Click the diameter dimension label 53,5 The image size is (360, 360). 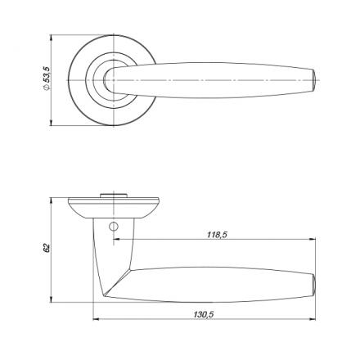[47, 74]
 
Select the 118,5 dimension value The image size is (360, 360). [217, 235]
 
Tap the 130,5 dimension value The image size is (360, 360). [204, 314]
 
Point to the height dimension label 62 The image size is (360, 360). [47, 248]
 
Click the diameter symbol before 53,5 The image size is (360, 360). [46, 88]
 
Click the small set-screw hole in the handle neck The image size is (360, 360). [113, 226]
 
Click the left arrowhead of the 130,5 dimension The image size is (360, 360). [97, 319]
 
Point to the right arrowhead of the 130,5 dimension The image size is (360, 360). [312, 319]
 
